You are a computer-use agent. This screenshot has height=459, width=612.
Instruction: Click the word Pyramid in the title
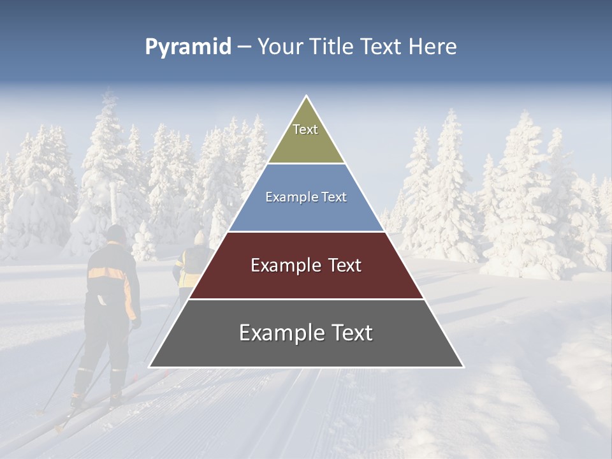(187, 47)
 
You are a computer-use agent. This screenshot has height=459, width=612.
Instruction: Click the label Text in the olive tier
(305, 129)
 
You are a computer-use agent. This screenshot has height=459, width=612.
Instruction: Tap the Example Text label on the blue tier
(306, 197)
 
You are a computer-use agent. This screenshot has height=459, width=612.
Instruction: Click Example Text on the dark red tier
(306, 265)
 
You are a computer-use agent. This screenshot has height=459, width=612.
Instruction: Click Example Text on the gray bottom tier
(306, 333)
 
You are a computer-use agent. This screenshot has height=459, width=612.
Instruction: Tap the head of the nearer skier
(116, 234)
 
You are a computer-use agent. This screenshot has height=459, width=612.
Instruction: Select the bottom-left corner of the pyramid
(149, 367)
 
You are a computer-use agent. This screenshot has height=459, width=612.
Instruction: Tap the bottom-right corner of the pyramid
(463, 367)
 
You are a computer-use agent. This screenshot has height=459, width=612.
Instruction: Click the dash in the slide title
(244, 47)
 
